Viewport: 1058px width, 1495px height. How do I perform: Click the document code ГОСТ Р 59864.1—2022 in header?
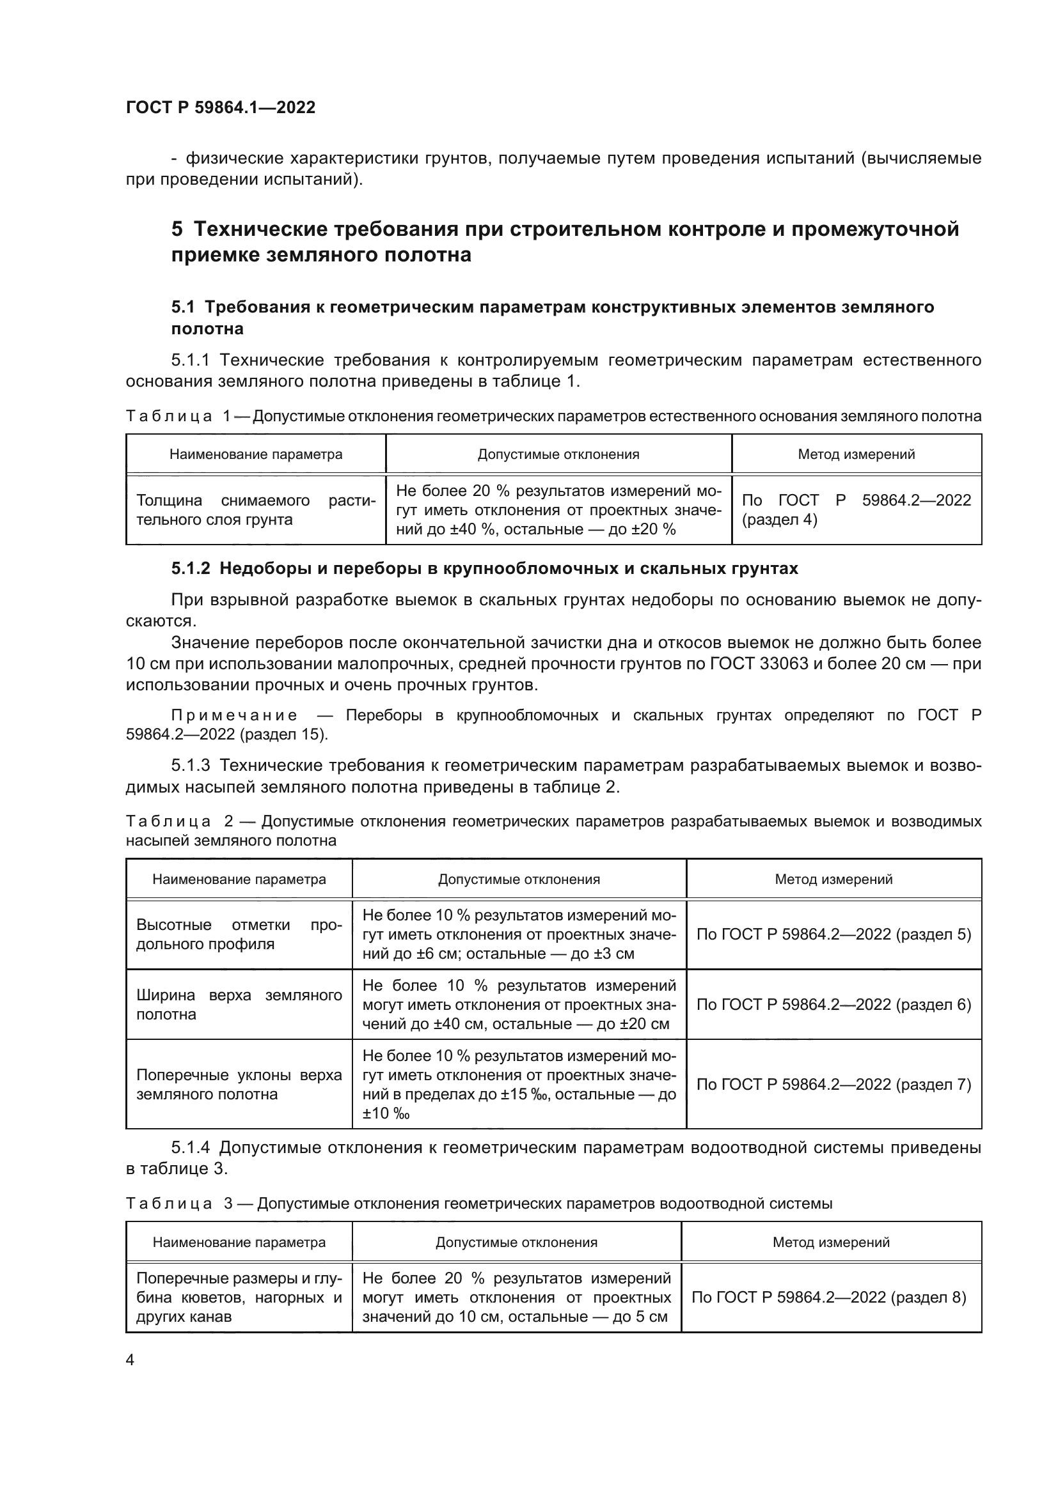220,107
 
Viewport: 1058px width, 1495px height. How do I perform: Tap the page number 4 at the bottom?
130,1360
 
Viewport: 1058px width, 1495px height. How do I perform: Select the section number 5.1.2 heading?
191,568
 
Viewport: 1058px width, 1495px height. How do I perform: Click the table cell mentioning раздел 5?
833,934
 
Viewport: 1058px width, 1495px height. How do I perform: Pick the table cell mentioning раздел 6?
833,1005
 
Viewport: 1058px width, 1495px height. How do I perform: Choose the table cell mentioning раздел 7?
833,1084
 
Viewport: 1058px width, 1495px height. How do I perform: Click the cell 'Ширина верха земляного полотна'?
239,1005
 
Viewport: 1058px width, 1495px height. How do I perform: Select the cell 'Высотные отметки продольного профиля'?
239,934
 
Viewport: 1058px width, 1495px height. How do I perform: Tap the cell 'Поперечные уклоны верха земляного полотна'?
239,1084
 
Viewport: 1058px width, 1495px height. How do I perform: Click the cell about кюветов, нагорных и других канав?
239,1297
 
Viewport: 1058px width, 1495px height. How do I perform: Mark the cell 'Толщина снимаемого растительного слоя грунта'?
255,510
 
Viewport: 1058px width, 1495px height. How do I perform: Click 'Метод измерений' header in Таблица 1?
856,454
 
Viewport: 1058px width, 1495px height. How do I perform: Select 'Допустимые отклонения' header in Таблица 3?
516,1243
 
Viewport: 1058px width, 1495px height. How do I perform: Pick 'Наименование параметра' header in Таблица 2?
239,879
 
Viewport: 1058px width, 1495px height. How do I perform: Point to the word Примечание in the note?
235,716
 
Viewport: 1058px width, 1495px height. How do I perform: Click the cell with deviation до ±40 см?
519,1005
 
